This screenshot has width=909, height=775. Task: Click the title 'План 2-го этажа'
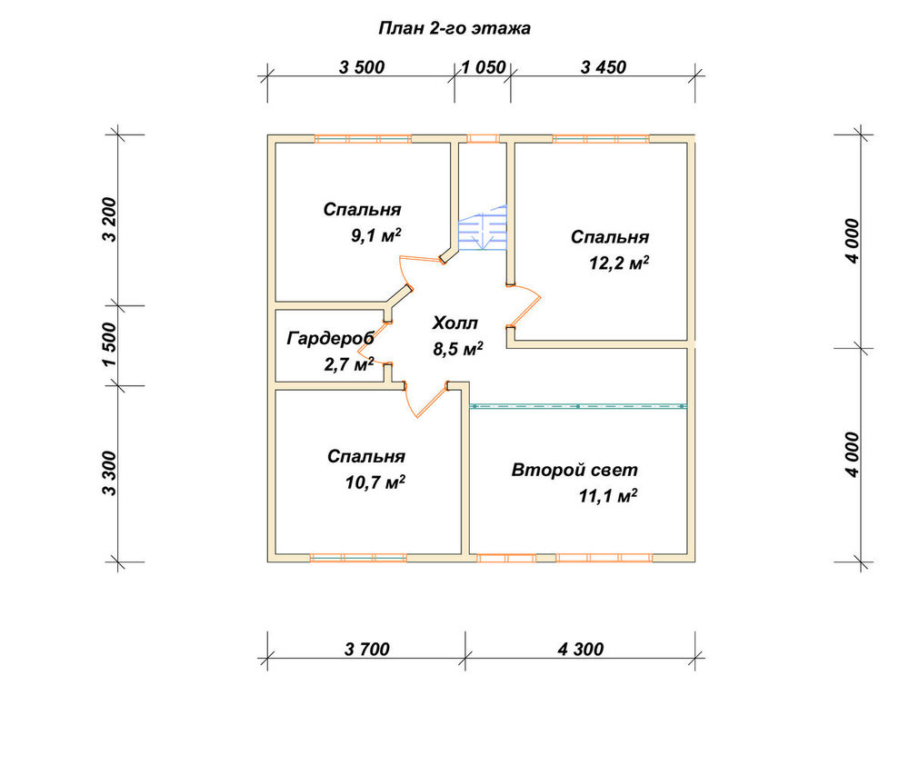(454, 28)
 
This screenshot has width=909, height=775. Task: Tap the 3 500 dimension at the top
(362, 67)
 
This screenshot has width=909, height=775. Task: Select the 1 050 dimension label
(483, 67)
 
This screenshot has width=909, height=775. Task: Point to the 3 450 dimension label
(604, 67)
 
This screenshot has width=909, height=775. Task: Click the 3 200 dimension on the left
(109, 220)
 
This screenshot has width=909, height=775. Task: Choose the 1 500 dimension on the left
(109, 344)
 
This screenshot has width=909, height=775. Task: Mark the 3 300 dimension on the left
(109, 473)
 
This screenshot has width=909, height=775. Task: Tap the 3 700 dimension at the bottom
(367, 650)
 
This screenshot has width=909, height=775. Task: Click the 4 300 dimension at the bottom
(580, 650)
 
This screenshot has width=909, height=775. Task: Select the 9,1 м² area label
(376, 235)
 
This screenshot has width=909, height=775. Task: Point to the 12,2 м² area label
(619, 263)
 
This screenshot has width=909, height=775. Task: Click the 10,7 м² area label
(375, 482)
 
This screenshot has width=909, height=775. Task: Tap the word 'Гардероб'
(331, 338)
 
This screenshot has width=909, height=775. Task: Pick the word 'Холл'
(455, 323)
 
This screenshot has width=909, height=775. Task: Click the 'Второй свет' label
(574, 470)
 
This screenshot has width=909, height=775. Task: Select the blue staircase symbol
(483, 228)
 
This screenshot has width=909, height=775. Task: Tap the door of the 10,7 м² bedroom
(426, 400)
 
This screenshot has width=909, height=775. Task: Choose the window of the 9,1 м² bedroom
(363, 139)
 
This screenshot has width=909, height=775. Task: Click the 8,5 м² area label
(458, 349)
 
